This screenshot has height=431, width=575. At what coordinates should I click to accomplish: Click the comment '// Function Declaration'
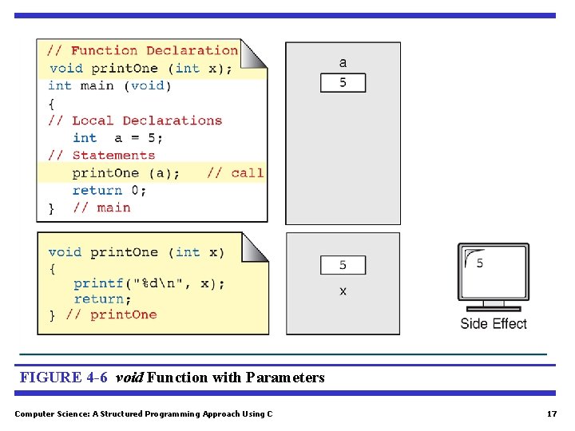(143, 51)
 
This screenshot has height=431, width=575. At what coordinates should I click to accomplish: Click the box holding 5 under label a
(343, 82)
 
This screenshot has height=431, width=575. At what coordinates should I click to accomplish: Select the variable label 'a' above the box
(343, 62)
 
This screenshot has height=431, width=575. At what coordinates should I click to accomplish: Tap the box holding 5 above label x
(343, 265)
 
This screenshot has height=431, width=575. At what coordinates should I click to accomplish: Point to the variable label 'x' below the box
(343, 291)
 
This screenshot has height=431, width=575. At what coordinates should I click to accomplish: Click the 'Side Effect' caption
(494, 323)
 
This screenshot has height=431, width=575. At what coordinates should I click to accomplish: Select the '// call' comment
(235, 172)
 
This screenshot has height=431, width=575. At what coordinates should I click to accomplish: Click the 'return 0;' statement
(109, 190)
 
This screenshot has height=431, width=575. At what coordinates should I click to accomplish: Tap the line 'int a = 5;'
(118, 138)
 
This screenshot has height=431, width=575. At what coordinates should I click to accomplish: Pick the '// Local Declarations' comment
(135, 121)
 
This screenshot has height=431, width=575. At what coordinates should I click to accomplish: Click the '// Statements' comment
(101, 156)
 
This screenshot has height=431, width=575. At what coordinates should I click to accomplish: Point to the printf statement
(149, 283)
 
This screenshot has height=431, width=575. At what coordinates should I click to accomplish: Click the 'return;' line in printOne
(103, 299)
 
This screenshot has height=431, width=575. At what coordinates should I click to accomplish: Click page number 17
(551, 413)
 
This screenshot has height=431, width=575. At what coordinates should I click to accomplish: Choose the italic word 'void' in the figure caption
(130, 378)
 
